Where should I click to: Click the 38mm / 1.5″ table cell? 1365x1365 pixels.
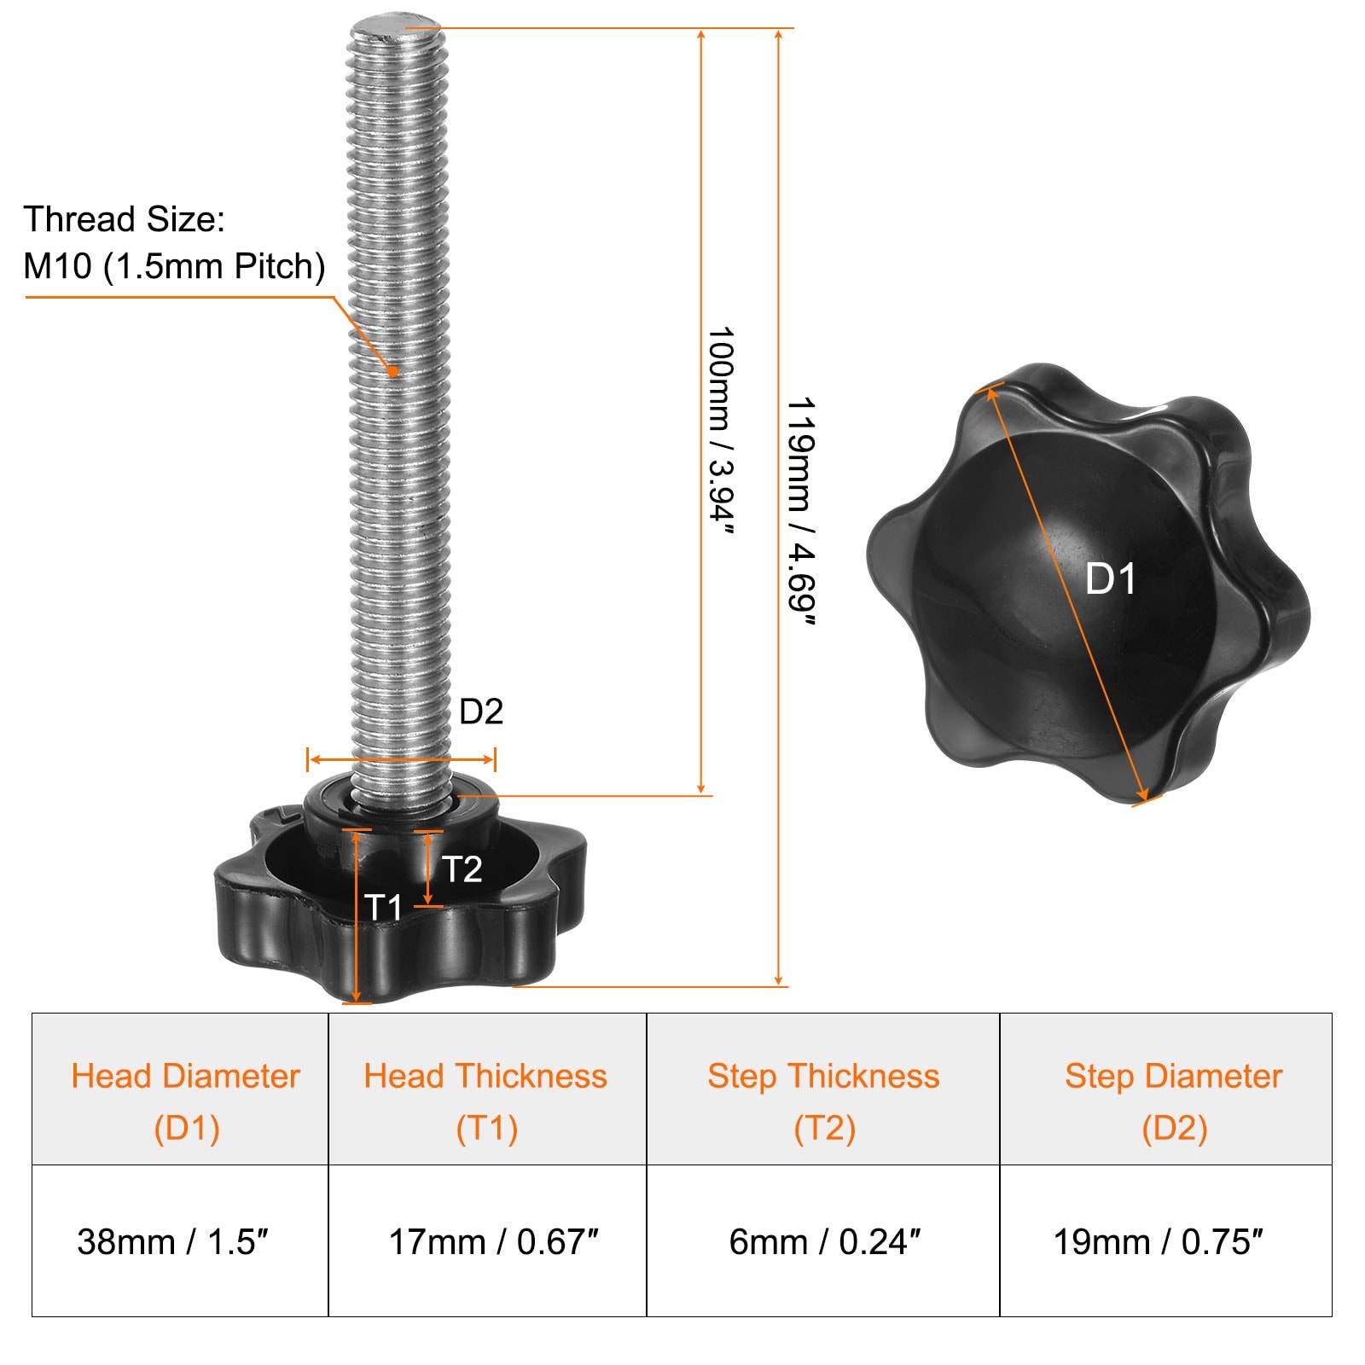(180, 1240)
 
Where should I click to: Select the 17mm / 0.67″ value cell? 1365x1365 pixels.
(487, 1240)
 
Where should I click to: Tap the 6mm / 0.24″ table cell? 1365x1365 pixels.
(823, 1240)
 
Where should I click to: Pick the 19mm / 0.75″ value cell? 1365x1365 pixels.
(1166, 1240)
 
